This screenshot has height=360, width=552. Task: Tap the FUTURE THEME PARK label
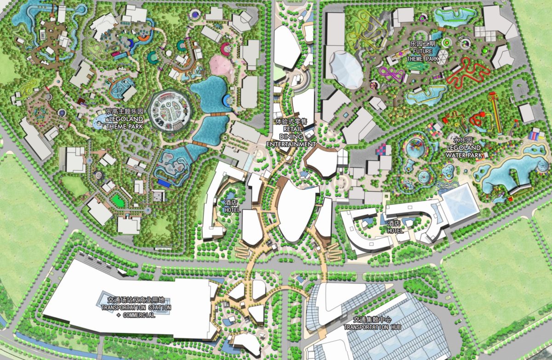pos(422,52)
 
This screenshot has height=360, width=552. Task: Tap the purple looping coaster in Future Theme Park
pos(392,74)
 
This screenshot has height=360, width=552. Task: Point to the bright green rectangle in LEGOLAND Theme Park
pos(119,200)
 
